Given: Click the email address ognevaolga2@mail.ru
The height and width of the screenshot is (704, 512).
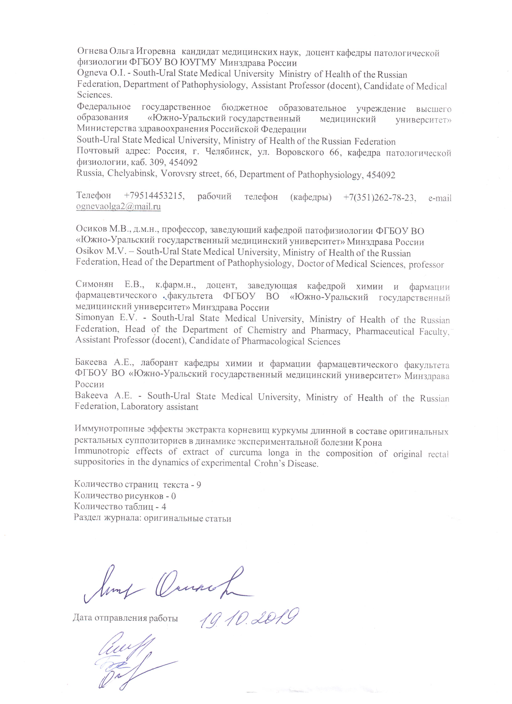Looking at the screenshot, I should click(118, 206).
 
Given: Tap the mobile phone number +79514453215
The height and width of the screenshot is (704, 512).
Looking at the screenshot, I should click(154, 196).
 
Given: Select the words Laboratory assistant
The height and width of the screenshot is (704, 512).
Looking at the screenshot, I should click(159, 407).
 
